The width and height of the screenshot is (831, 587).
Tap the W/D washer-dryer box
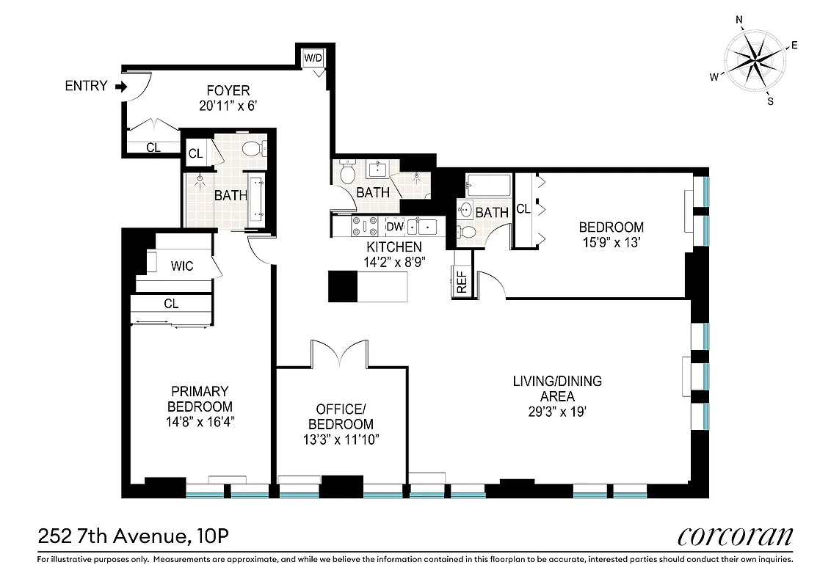tap(312, 58)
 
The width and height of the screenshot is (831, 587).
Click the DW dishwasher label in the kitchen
tap(394, 227)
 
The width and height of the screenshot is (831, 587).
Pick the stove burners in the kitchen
tap(366, 226)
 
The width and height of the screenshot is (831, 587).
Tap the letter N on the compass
tap(740, 20)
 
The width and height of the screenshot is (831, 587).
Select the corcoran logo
tap(735, 536)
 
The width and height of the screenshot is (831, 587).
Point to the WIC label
tap(182, 266)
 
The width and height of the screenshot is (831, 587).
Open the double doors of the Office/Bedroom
tap(338, 354)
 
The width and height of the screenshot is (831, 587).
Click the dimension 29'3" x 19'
tap(556, 412)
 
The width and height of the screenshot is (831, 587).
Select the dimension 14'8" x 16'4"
tap(200, 421)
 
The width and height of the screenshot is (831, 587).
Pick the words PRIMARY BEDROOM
tap(200, 399)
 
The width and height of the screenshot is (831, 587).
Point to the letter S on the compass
tap(770, 101)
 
